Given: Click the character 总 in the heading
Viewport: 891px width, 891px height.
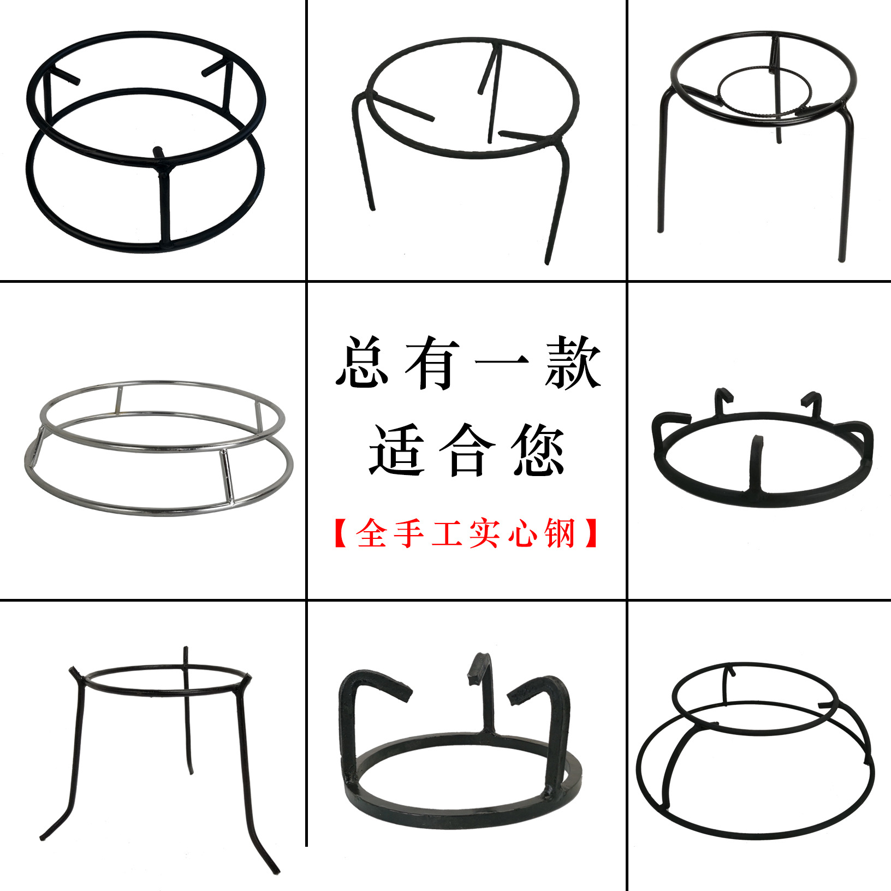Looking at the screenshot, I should [x=363, y=362].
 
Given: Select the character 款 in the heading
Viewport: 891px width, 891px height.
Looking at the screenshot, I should [x=573, y=362].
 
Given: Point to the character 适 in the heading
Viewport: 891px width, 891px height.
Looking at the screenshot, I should [x=397, y=449].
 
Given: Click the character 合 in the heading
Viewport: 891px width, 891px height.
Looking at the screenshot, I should [x=467, y=449].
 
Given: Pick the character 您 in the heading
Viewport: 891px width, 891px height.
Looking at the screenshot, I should [x=538, y=449].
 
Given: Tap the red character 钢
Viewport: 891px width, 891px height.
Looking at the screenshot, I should [x=560, y=533].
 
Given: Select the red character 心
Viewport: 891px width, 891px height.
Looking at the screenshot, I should [x=522, y=533].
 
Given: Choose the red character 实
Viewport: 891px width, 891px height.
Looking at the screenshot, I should [x=485, y=533].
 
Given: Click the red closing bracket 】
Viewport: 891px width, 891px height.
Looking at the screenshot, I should [x=591, y=533].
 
